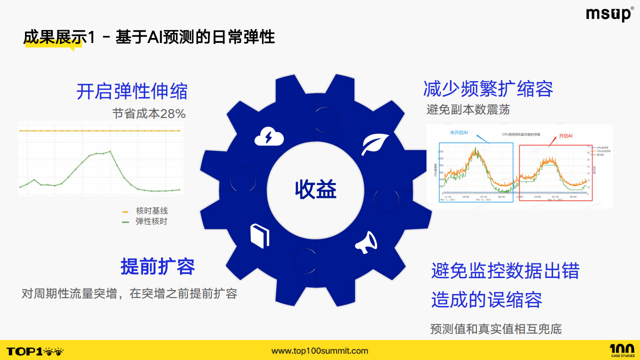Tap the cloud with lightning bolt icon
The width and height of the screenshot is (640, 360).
[269, 136]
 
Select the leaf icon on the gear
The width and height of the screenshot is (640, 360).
[372, 145]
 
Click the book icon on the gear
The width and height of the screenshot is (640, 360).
[259, 235]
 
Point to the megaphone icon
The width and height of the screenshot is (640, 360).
[366, 241]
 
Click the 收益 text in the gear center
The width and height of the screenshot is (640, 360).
[315, 189]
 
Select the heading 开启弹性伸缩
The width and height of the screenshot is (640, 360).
[132, 91]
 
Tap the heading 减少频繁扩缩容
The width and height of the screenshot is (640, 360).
[488, 88]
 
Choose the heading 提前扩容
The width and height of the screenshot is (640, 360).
[157, 266]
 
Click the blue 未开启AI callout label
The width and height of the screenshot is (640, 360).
[458, 132]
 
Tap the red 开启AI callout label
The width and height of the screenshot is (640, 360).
[565, 135]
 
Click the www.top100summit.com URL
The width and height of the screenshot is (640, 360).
[319, 351]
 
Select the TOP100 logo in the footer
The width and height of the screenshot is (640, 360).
[35, 351]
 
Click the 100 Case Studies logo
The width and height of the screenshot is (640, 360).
[622, 350]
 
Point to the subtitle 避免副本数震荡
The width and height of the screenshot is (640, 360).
[468, 109]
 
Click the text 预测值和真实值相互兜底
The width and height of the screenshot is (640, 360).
[495, 329]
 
